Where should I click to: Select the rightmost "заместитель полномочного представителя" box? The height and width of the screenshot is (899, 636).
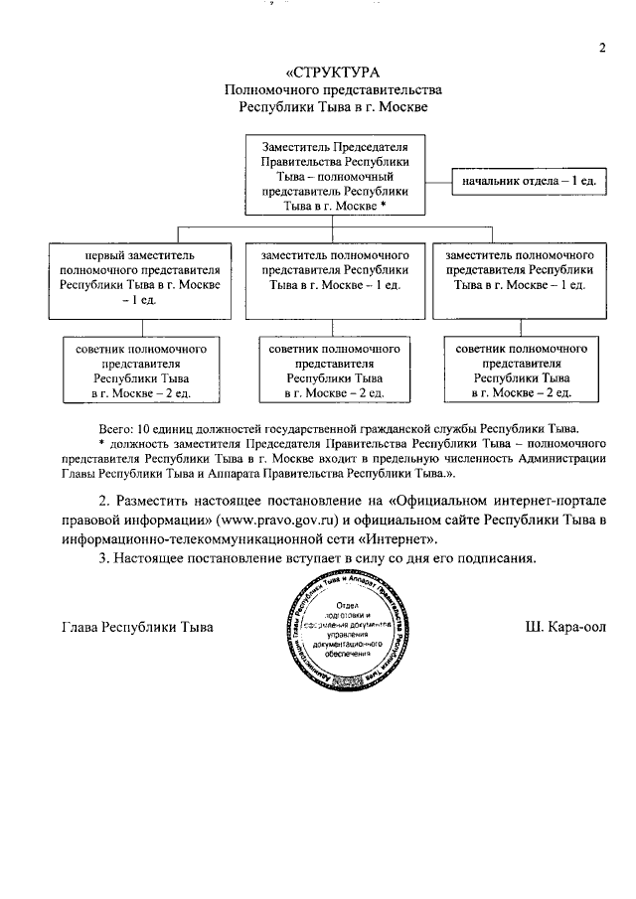click(522, 270)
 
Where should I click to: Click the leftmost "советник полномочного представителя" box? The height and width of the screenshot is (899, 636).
click(139, 371)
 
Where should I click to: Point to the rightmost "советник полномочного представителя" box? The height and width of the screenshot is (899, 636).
click(522, 371)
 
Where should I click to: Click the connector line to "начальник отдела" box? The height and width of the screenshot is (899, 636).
click(439, 183)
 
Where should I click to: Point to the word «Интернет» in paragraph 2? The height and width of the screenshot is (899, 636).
click(402, 539)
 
